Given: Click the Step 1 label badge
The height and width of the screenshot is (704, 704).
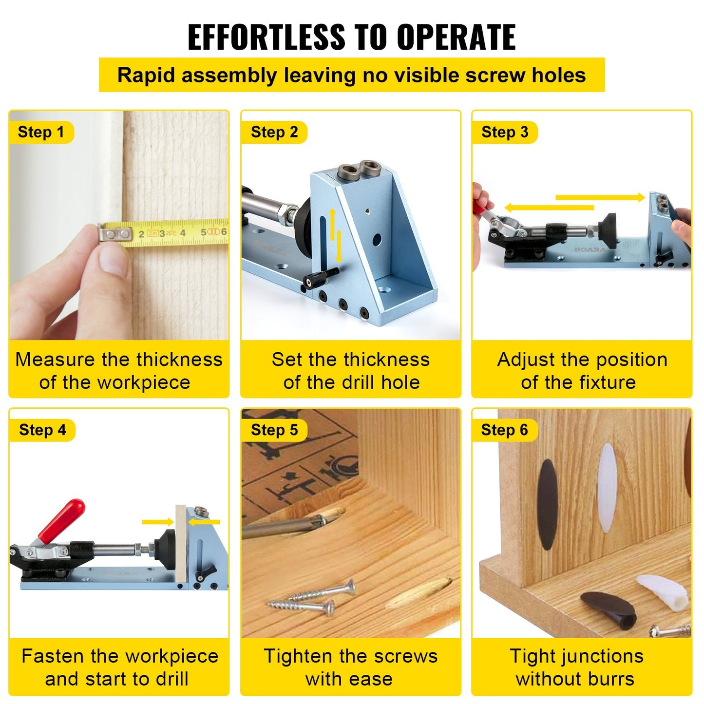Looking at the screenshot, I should pos(41,132).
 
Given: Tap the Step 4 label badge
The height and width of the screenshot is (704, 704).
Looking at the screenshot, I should pos(42,430).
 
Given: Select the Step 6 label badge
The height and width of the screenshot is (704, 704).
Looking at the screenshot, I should pos(504,430).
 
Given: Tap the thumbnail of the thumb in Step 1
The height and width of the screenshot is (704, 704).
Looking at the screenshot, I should pos(114,261).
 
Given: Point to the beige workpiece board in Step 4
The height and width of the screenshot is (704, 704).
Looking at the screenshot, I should pos(181,543).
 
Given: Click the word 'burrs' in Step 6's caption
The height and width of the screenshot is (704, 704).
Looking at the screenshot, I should pos(611,679).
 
